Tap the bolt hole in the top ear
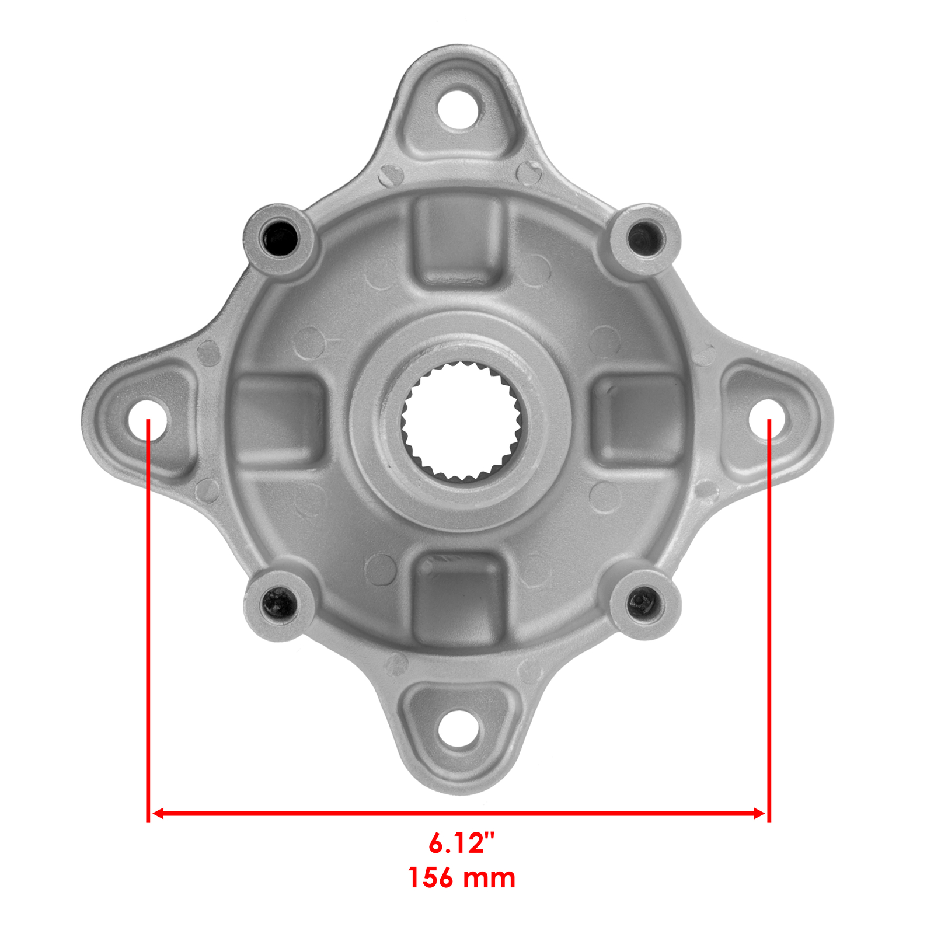pyautogui.click(x=461, y=108)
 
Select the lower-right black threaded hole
pyautogui.click(x=644, y=601)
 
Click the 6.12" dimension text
pyautogui.click(x=461, y=843)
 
